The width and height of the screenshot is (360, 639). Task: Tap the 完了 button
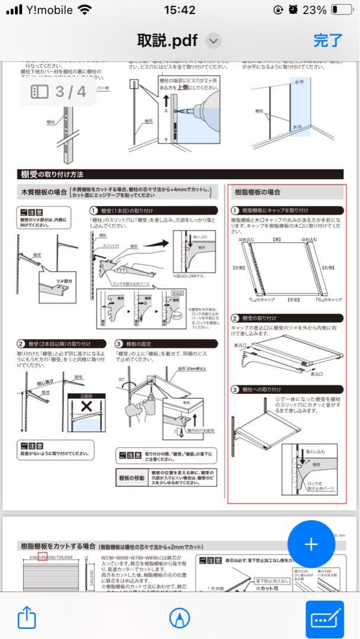pos(327,40)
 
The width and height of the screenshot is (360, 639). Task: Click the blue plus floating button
pos(311,544)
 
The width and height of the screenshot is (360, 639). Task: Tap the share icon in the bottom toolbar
pos(27,618)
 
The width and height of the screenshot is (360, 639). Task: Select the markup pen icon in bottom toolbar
pos(176,618)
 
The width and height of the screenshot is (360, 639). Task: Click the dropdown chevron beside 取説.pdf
pos(213,40)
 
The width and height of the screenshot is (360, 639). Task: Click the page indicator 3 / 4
pos(58,92)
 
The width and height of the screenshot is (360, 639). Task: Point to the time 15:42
pos(179,10)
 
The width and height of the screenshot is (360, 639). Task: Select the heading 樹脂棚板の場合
pos(258,192)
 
